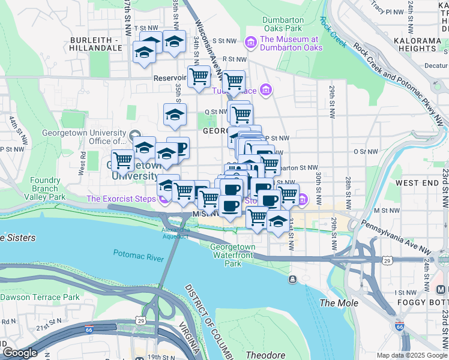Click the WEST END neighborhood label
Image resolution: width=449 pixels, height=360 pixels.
[x=415, y=182]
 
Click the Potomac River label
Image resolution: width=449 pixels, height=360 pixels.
[x=138, y=258]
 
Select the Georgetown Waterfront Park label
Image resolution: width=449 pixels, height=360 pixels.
[x=233, y=255]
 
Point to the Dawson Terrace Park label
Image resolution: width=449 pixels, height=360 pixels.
[x=40, y=297]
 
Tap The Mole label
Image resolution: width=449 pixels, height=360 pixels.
[x=339, y=303]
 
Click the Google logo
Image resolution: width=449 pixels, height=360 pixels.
[x=19, y=353]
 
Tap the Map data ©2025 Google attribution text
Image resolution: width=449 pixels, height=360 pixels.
[x=411, y=355]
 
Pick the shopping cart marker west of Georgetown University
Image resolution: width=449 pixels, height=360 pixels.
[x=122, y=160]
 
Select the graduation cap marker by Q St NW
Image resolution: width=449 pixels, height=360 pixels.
[x=175, y=114]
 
